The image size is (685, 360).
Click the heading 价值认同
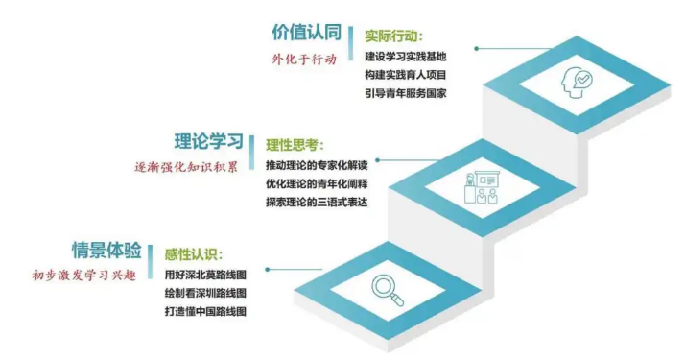pyautogui.click(x=307, y=32)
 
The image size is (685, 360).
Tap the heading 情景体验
pyautogui.click(x=107, y=252)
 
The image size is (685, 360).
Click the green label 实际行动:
pyautogui.click(x=393, y=36)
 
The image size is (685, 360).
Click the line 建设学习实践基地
pyautogui.click(x=406, y=57)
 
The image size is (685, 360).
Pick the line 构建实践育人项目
pyautogui.click(x=406, y=75)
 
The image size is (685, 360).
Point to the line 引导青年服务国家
pyautogui.click(x=406, y=93)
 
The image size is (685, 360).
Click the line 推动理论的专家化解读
pyautogui.click(x=316, y=166)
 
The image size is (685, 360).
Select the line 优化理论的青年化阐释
pyautogui.click(x=316, y=184)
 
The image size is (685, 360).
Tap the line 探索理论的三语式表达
pyautogui.click(x=316, y=203)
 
